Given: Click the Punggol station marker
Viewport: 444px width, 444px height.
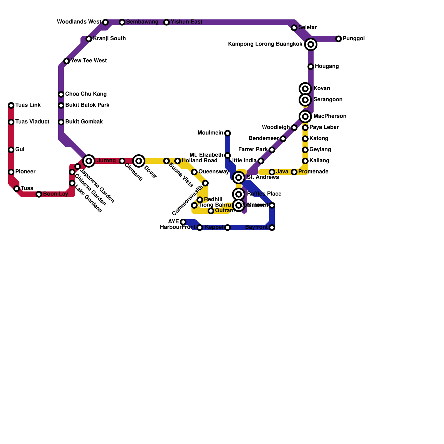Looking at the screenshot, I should [x=339, y=39].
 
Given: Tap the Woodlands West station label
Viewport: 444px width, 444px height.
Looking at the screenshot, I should [x=79, y=22].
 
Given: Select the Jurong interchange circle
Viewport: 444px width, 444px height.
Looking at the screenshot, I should [x=89, y=161].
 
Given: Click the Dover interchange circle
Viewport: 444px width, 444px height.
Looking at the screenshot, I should [x=139, y=161].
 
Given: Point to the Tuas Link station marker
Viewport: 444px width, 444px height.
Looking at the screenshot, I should [x=11, y=105].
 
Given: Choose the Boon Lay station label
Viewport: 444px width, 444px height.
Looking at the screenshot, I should [x=56, y=194].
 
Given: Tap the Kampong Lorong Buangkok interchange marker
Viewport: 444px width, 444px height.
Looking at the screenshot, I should [x=311, y=44].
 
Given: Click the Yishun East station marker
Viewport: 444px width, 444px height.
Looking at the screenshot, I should [x=167, y=22].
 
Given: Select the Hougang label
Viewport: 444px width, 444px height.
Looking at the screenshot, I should [x=327, y=66].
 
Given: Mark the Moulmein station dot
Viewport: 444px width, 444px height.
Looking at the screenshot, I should [x=228, y=133].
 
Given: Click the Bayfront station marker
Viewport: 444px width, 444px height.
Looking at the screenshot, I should [x=272, y=228].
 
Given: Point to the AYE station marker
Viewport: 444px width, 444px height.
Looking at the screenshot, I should [x=183, y=222].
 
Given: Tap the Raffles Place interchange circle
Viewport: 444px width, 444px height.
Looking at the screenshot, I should [x=239, y=194].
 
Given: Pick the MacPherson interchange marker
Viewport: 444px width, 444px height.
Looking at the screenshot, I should [x=305, y=117].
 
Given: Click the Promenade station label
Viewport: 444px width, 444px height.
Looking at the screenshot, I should [x=313, y=172].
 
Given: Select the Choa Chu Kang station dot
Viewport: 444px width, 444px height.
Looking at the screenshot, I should [x=61, y=94].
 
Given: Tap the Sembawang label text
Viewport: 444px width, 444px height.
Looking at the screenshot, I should [x=142, y=22].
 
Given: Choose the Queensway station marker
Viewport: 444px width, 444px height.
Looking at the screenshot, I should [x=194, y=172].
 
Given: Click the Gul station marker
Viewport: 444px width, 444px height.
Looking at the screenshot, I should [x=11, y=150].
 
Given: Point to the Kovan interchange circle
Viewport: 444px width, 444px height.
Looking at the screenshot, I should [x=305, y=89].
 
